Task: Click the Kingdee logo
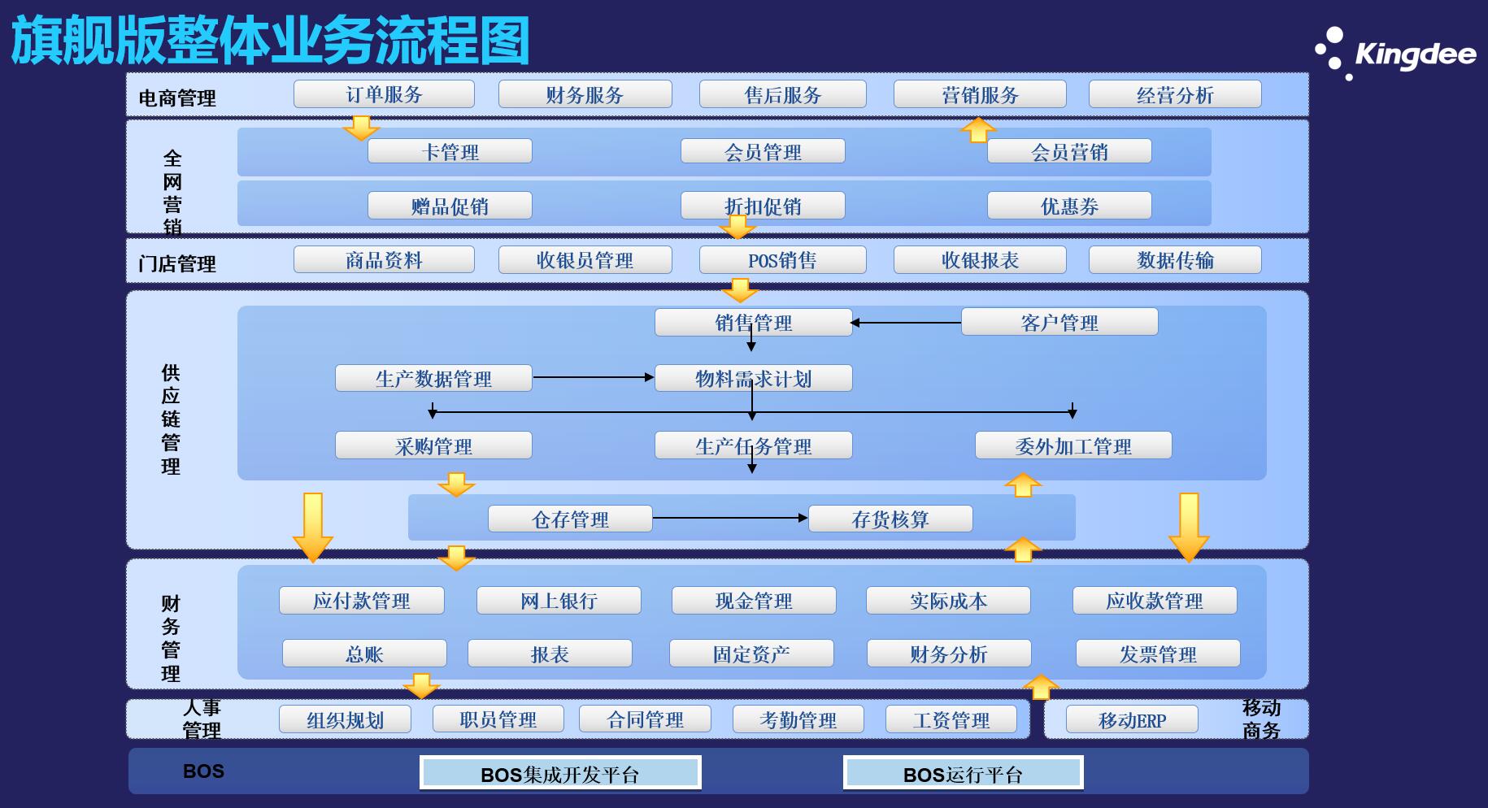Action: (1395, 54)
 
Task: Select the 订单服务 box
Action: (384, 94)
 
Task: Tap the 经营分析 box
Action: (1175, 94)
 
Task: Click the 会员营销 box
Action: (1069, 151)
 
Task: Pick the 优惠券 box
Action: (1069, 206)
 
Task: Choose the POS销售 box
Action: (782, 260)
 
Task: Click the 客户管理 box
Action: (1059, 322)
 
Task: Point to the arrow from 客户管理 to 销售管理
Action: (906, 323)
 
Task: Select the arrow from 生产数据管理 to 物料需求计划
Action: (594, 377)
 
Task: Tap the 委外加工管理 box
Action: (1073, 445)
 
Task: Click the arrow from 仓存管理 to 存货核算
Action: (730, 518)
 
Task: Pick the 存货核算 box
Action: (890, 519)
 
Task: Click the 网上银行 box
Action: (559, 601)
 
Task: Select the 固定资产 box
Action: (751, 654)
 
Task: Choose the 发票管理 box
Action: (1158, 654)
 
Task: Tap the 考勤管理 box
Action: (798, 719)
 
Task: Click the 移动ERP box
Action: (1132, 719)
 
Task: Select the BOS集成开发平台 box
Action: (560, 773)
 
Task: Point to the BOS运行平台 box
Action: (964, 773)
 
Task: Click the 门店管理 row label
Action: (177, 263)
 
